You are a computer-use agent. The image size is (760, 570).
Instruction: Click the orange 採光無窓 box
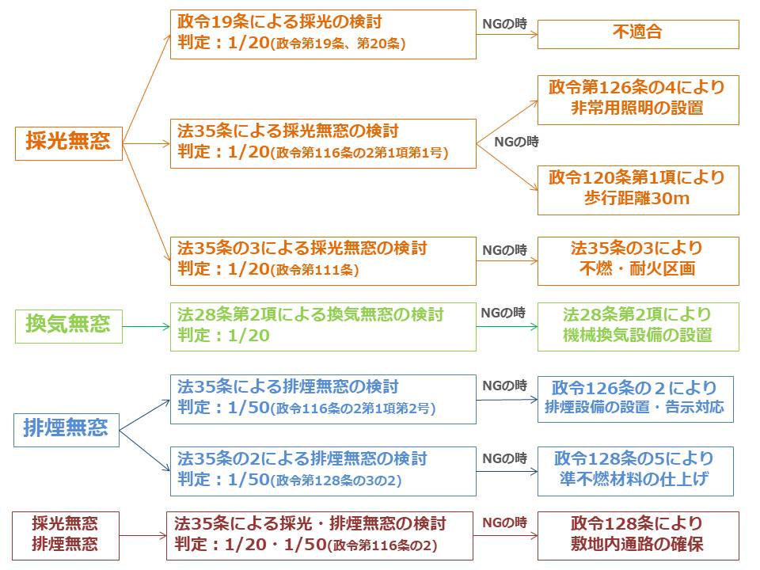tap(69, 143)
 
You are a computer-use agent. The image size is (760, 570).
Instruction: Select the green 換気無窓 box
tap(69, 325)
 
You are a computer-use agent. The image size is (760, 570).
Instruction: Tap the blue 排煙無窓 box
tap(66, 430)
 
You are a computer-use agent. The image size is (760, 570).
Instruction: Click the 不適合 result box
tap(637, 34)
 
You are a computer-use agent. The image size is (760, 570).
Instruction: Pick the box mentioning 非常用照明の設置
tap(637, 99)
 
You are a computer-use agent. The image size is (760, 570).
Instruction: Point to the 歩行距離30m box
tap(637, 189)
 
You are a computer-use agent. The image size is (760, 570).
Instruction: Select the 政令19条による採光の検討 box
tap(323, 34)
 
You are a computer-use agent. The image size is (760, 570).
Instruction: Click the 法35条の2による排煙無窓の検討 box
tap(323, 470)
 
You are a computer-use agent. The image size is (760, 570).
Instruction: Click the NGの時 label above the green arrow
tap(503, 313)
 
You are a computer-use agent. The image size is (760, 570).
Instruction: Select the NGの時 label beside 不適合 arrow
tap(505, 24)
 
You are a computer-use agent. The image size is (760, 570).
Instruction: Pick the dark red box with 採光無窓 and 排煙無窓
tap(66, 535)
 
